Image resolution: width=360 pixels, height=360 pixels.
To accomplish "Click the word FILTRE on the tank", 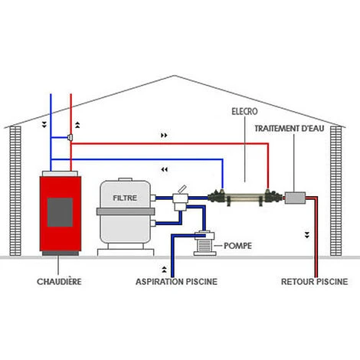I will click(126, 197).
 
